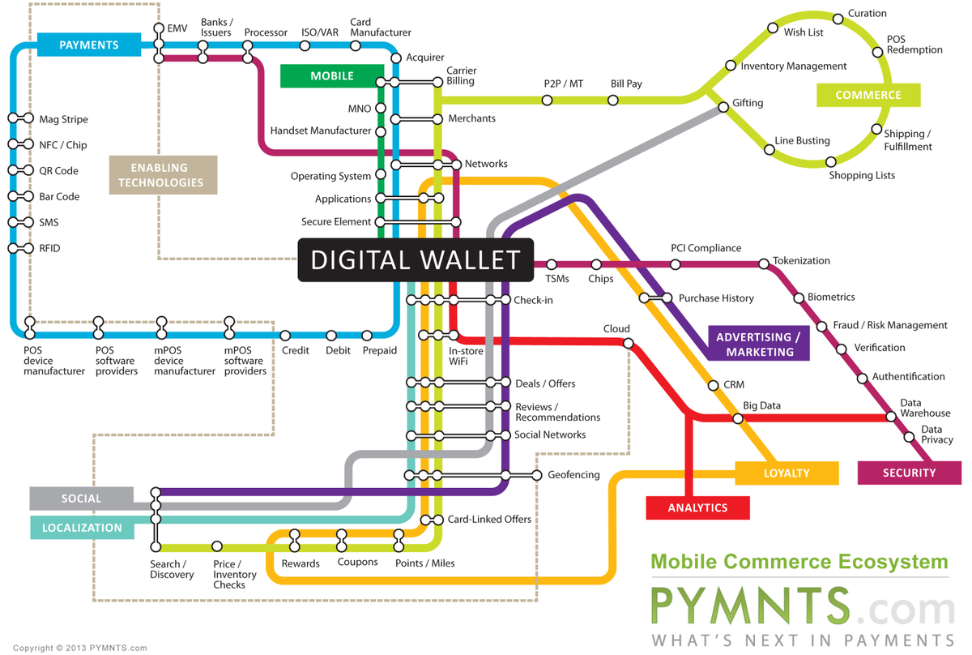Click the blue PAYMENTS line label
point(88,45)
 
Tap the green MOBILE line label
point(331,75)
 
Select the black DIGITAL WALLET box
point(416,259)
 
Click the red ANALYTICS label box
point(697,507)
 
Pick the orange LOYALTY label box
point(787,473)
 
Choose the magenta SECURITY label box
point(909,473)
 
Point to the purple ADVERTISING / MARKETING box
point(759,345)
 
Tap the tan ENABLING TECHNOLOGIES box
point(164,174)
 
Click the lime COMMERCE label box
point(868,95)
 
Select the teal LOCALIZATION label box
point(82,527)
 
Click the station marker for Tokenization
point(763,263)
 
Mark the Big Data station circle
point(738,419)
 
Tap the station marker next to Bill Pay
point(613,101)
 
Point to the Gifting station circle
point(723,107)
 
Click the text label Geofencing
point(573,475)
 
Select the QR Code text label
point(58,171)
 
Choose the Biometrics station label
point(831,298)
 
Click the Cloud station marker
point(628,343)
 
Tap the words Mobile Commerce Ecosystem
point(799,562)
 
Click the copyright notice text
point(80,648)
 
